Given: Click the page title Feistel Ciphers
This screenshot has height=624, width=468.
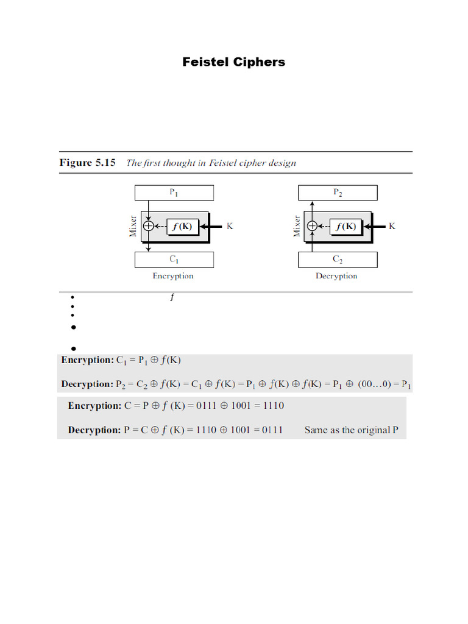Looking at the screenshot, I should pos(233,62).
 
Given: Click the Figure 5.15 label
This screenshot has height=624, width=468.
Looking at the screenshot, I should pos(87,163).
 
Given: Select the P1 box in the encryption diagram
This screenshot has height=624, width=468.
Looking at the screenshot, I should pos(174,193).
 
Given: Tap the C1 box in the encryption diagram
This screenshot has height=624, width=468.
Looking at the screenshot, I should pos(174,260).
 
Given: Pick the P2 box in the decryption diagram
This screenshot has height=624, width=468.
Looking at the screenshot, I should pos(337,193).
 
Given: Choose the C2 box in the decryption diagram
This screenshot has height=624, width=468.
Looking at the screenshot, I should pos(337,260).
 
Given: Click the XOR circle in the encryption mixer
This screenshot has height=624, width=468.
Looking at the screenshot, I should pos(148,226).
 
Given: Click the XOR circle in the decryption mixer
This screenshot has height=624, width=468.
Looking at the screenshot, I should pos(312,226).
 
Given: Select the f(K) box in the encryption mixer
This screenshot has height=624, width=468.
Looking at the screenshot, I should pos(182,226).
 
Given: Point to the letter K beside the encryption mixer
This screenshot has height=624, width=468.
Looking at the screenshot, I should pos(230,226).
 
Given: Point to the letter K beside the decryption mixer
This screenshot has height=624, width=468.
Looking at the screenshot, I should pos(392,226).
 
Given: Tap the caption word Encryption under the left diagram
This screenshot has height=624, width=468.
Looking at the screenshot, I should pos(173,276).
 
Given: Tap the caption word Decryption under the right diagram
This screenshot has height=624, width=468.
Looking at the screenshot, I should pos(336,276).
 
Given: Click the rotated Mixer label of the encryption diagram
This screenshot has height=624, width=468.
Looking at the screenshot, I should pos(133,226).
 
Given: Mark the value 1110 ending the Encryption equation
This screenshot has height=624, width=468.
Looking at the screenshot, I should pos(272,406).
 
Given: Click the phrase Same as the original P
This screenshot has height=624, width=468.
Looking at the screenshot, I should pos(351,430).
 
